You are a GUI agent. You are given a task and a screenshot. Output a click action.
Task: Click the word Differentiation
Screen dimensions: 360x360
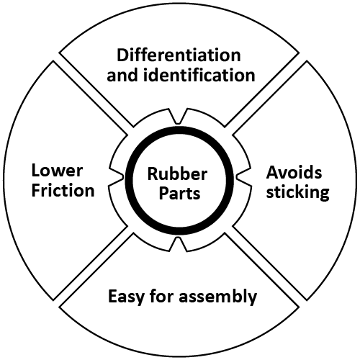(179, 55)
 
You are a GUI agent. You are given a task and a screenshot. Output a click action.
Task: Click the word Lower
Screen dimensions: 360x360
(56, 172)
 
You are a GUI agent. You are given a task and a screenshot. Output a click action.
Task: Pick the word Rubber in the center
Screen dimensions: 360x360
(177, 174)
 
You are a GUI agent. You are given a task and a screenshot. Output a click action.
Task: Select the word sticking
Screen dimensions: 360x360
(297, 192)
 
